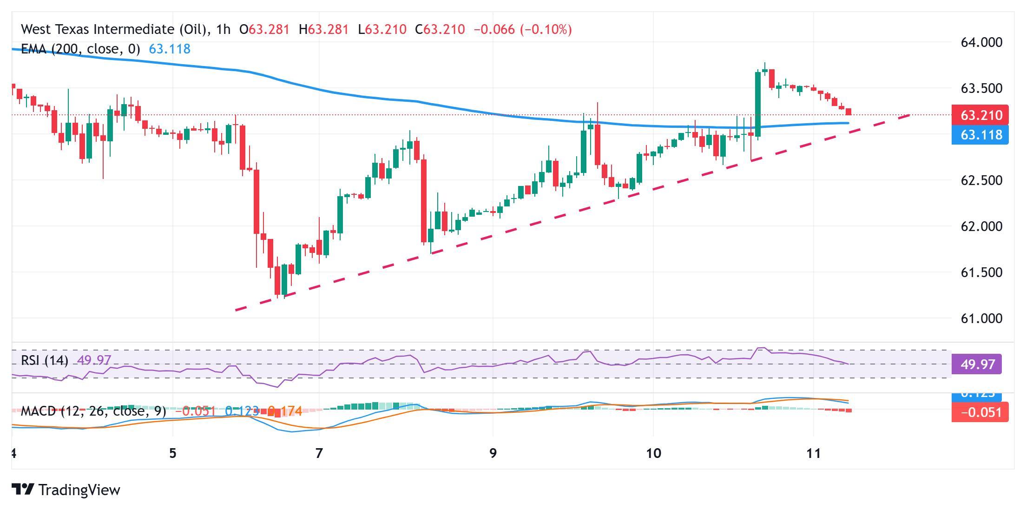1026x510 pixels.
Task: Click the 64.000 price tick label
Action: pos(981,42)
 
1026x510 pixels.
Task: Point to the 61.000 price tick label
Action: pos(981,318)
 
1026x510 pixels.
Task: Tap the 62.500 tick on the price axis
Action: pos(981,180)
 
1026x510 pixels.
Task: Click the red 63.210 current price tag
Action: pos(980,115)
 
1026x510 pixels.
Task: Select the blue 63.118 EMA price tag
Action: pos(980,135)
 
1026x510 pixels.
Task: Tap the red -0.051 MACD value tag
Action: pos(980,412)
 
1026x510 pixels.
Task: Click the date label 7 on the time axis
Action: pos(319,453)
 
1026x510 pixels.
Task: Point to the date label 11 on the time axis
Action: pos(814,453)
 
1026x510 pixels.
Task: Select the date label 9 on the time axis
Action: pos(493,453)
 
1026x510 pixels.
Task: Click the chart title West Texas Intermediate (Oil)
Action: pos(114,30)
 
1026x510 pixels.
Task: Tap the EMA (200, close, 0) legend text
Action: pos(80,49)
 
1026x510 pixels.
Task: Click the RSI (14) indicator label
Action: pos(45,360)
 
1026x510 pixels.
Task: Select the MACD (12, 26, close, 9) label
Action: pos(93,411)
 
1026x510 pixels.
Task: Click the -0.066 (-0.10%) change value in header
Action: pos(522,30)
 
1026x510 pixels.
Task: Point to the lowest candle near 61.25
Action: pos(278,280)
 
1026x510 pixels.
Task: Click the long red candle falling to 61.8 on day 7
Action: pos(424,200)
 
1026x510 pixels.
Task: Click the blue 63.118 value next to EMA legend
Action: pos(170,49)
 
